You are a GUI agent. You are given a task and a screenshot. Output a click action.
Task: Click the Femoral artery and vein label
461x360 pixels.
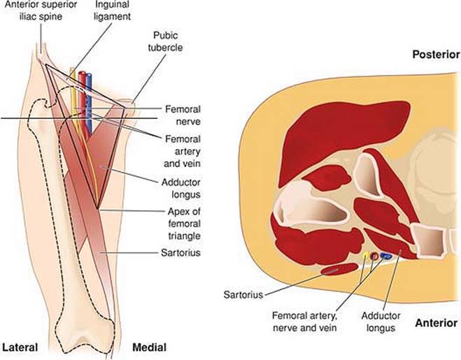183,150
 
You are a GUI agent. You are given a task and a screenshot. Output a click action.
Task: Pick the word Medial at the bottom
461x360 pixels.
148,347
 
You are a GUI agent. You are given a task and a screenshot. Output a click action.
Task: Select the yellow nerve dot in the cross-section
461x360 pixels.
365,257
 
